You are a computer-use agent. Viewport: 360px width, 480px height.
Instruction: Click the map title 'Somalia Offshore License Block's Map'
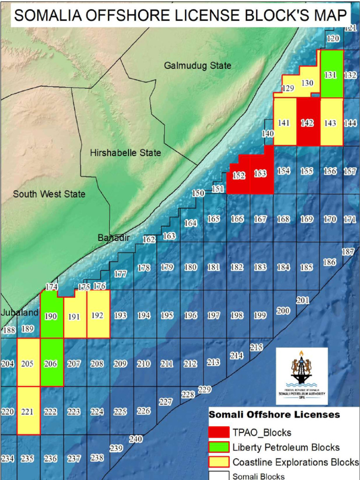tap(180, 16)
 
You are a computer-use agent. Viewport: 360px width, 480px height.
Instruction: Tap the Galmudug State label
tap(197, 66)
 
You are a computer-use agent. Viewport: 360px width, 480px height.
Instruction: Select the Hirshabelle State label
tap(125, 153)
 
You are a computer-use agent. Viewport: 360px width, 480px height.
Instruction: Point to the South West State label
tap(49, 194)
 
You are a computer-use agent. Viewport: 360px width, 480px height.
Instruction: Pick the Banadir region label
tap(113, 238)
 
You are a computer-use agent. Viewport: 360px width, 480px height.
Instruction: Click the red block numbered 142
tap(307, 123)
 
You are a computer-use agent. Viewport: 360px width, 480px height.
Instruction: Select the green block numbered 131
tap(331, 75)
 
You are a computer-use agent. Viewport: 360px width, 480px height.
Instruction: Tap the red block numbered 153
tap(261, 173)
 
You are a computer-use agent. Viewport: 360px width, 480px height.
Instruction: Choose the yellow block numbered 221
tap(28, 412)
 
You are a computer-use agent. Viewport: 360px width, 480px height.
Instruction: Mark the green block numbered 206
tap(51, 364)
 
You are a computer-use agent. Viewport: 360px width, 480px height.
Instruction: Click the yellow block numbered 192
tap(97, 315)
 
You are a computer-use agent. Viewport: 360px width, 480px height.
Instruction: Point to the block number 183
tap(260, 267)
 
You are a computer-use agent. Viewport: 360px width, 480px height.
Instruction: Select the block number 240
tap(135, 439)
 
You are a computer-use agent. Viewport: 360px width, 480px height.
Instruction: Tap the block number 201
tap(303, 300)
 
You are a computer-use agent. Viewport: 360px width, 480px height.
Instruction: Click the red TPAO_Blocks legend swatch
tap(218, 432)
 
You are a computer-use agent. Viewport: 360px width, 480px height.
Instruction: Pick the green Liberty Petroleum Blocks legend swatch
tap(218, 447)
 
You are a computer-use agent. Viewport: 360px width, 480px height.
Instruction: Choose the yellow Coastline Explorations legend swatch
tap(218, 462)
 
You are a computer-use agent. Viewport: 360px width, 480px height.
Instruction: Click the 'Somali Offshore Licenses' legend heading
tap(274, 415)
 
